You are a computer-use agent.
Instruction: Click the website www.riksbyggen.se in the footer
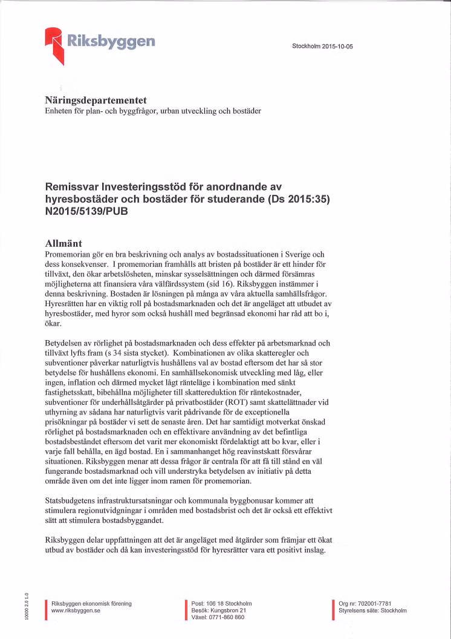pyautogui.click(x=76, y=611)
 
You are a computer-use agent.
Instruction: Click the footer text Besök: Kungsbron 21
pyautogui.click(x=218, y=611)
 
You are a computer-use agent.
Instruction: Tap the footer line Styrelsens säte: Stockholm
pyautogui.click(x=372, y=611)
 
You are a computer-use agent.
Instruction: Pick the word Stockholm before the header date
pyautogui.click(x=306, y=46)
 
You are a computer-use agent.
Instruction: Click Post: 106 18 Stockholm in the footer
pyautogui.click(x=221, y=604)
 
